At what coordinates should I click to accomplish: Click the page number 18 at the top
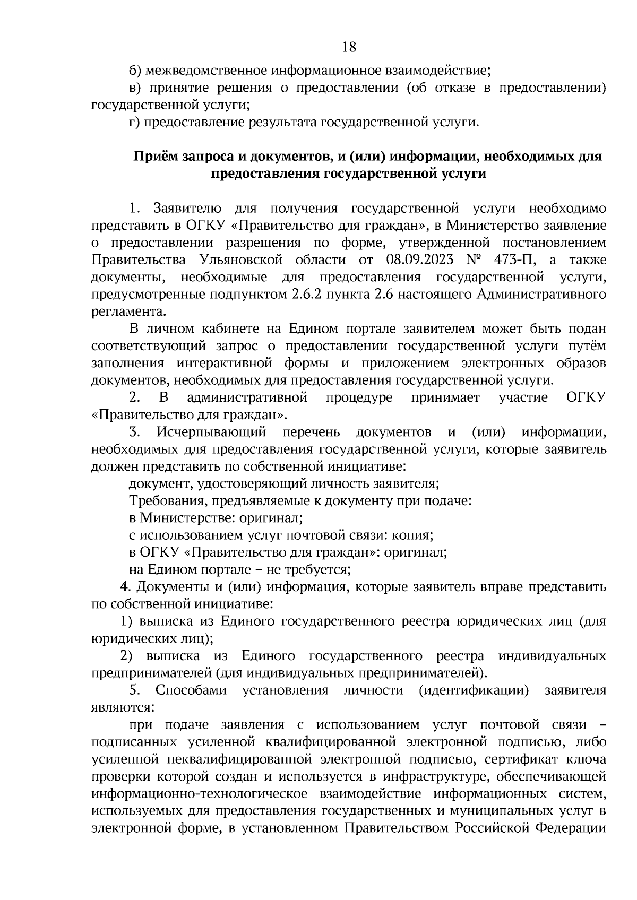pyautogui.click(x=349, y=47)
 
